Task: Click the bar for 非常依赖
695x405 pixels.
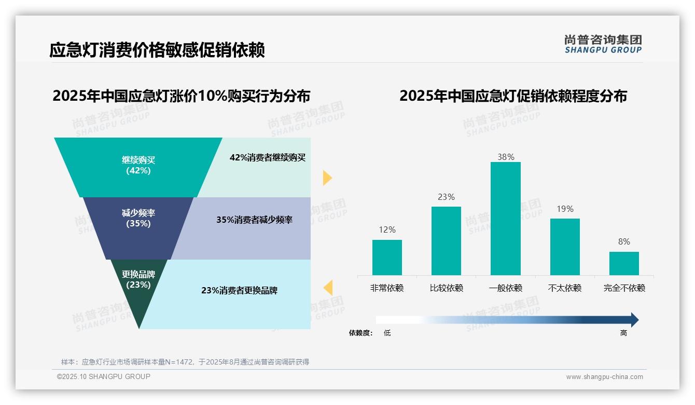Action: tap(387, 258)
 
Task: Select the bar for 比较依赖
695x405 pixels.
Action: tap(446, 241)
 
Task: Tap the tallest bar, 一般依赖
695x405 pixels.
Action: tap(505, 219)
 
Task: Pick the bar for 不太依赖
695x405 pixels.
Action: tap(565, 247)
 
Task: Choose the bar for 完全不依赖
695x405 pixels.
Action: tap(624, 263)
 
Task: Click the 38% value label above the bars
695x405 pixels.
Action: tap(505, 157)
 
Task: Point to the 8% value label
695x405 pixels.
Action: tap(624, 241)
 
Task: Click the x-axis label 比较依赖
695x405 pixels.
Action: tap(446, 288)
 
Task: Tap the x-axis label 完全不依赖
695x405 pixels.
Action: tap(624, 288)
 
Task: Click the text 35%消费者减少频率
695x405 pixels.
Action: tap(254, 220)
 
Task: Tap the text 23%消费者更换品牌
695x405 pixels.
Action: tap(239, 290)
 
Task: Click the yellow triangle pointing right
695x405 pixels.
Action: tap(327, 178)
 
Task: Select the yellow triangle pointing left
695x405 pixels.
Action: tap(328, 287)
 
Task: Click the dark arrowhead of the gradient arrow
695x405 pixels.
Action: tap(634, 320)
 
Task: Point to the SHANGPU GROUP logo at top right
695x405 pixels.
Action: tap(603, 44)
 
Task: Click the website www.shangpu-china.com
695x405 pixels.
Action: tap(604, 377)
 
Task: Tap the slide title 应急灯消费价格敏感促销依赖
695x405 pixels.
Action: tap(157, 50)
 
